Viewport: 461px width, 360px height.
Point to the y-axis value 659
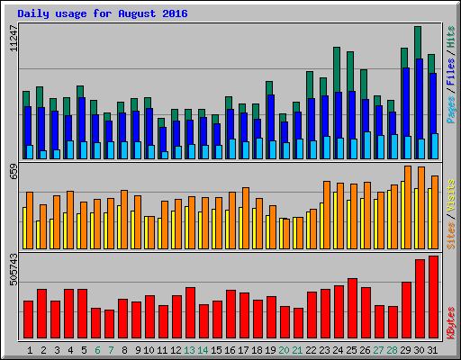click(13, 172)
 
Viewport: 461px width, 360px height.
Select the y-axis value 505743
click(13, 270)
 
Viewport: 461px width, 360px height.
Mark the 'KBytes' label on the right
click(450, 321)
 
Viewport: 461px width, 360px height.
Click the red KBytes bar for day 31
click(433, 296)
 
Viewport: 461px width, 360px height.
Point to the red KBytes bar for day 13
click(190, 311)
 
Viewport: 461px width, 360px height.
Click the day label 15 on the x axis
click(217, 350)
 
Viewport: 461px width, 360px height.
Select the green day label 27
click(379, 350)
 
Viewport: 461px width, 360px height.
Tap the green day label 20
click(285, 350)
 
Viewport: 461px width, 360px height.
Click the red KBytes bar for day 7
click(109, 323)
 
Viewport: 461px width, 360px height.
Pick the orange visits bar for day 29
click(408, 207)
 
